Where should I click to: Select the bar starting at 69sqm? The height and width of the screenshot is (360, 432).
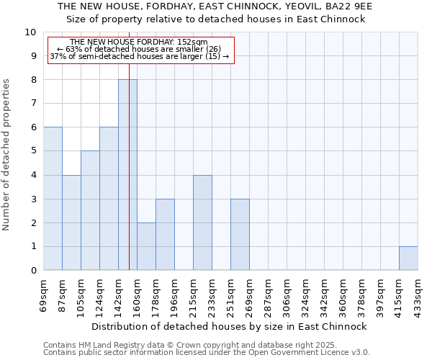(53, 199)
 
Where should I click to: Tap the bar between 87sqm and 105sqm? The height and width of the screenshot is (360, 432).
(71, 222)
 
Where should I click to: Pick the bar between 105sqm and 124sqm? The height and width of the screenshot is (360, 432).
(90, 210)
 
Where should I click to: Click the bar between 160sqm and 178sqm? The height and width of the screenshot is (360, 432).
(146, 246)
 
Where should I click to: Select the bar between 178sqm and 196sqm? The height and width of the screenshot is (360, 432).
(165, 235)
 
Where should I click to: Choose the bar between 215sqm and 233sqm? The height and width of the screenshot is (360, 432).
(202, 222)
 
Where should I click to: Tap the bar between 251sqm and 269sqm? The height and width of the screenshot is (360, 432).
(240, 235)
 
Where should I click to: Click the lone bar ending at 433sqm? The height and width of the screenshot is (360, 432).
(408, 258)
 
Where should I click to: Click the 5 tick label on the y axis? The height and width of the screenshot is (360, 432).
(33, 151)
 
